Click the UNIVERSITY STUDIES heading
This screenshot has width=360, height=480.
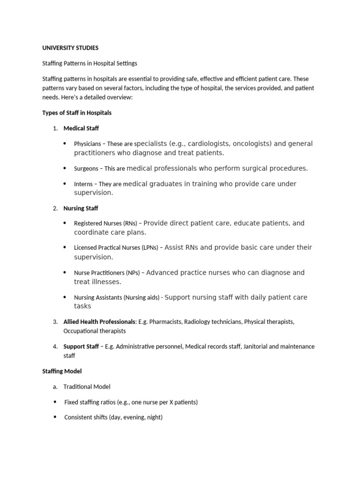70,48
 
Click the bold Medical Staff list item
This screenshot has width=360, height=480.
81,128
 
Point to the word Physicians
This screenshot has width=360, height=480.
87,144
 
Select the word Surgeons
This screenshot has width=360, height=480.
86,169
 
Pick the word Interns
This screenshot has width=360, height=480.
83,184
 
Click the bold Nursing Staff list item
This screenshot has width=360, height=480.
81,208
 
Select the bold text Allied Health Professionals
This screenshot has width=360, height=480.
99,322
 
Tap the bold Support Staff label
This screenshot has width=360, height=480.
81,347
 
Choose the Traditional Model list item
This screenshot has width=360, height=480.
87,387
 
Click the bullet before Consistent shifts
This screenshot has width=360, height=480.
55,417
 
